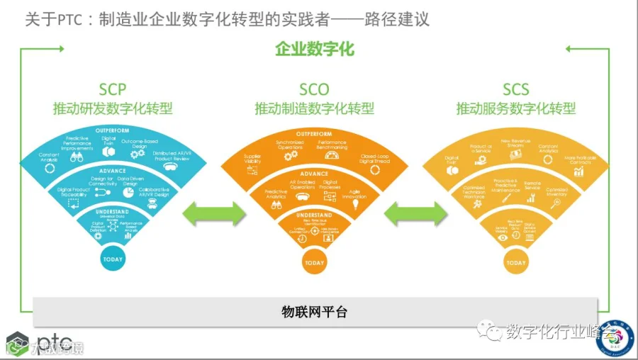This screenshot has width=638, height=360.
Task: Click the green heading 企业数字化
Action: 314,50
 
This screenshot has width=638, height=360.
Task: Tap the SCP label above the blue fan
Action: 113,89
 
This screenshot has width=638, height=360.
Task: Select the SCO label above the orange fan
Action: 314,89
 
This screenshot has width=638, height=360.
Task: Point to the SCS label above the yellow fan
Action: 515,89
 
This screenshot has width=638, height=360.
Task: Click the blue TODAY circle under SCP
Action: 113,259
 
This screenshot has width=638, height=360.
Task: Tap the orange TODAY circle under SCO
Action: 314,263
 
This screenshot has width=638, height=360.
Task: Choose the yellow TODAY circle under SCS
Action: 516,263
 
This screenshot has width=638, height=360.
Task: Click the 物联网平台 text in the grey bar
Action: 314,311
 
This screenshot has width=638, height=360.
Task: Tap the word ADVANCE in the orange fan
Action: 314,174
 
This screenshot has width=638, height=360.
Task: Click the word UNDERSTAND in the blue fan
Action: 113,212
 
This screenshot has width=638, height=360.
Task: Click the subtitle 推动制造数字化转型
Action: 314,108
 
